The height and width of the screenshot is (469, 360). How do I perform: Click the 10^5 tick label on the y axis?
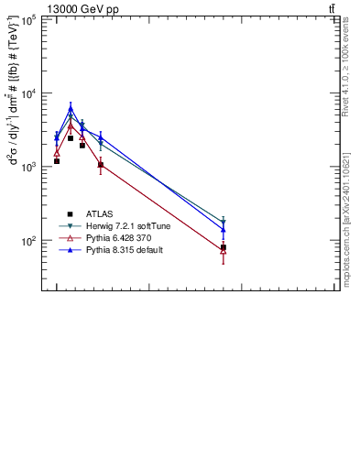tap(29, 19)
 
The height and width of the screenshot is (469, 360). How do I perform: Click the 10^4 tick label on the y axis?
tap(29, 93)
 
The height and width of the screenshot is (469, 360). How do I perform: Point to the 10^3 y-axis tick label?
tap(29, 167)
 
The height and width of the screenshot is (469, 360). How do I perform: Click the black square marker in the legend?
tap(70, 213)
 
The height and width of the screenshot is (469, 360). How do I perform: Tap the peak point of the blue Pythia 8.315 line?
tap(71, 109)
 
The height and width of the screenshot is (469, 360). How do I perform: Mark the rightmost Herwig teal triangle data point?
tap(224, 222)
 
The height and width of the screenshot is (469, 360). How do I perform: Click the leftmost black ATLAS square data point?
tap(57, 161)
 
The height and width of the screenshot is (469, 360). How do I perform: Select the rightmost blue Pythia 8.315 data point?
tap(224, 230)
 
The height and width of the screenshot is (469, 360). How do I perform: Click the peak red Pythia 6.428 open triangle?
tap(71, 126)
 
